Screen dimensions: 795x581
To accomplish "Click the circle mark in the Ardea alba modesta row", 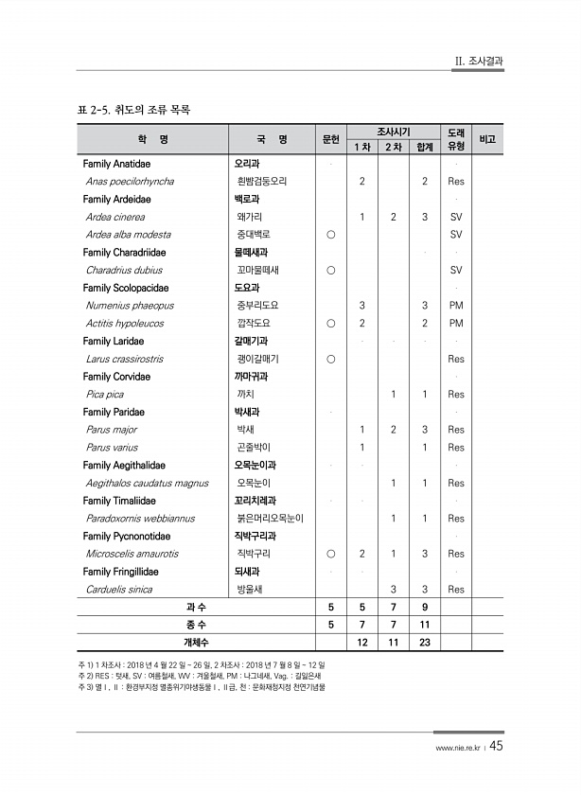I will click(x=330, y=235).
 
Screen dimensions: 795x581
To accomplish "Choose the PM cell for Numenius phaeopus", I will click(x=455, y=306).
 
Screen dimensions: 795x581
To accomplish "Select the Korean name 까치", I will click(x=245, y=394).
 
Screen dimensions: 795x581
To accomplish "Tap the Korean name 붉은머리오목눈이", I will click(x=270, y=518).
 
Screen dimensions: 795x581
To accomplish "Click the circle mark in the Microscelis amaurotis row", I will click(x=330, y=554).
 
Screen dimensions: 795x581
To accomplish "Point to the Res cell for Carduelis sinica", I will click(x=455, y=589).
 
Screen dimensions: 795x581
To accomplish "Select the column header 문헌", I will click(x=330, y=139).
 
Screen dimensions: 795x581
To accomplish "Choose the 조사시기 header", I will click(x=393, y=132).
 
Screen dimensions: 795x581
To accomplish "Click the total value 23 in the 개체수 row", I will click(x=425, y=643).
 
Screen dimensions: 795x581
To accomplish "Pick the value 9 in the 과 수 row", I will click(x=425, y=607).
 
